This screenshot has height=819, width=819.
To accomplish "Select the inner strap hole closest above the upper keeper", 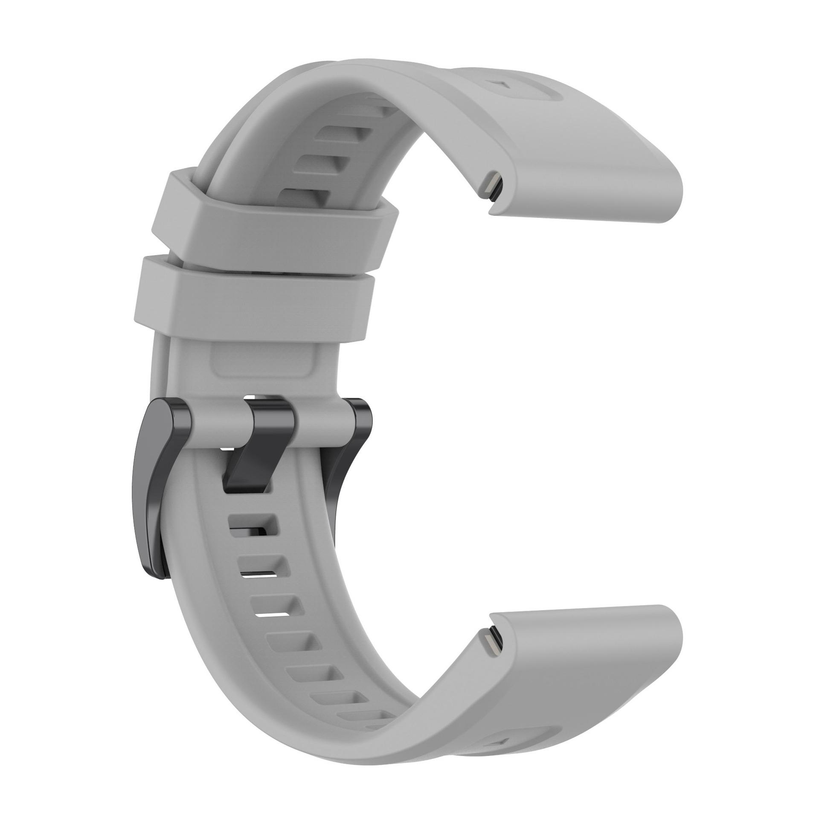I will pyautogui.click(x=305, y=196).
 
